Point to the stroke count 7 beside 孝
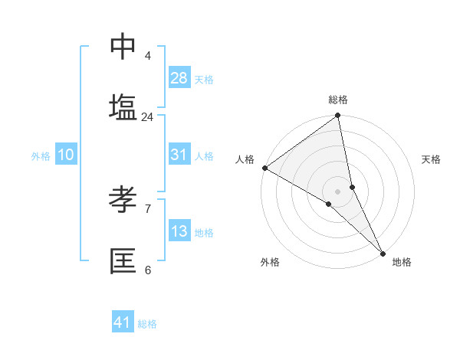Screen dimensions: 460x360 pyautogui.click(x=147, y=208)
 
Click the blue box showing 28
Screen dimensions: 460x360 pyautogui.click(x=179, y=78)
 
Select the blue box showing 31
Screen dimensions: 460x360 pyautogui.click(x=179, y=155)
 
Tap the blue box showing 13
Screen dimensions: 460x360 pyautogui.click(x=179, y=231)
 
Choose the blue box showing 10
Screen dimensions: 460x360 pyautogui.click(x=66, y=155)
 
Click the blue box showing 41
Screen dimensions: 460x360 pyautogui.click(x=123, y=322)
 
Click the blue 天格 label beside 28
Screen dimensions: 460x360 pyautogui.click(x=204, y=80)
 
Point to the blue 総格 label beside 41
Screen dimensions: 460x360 pyautogui.click(x=147, y=324)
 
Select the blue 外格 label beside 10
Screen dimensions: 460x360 pyautogui.click(x=41, y=156)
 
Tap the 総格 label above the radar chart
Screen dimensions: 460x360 pyautogui.click(x=338, y=100)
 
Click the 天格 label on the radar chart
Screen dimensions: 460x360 pyautogui.click(x=431, y=159)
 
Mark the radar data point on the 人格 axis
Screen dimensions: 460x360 pyautogui.click(x=264, y=168)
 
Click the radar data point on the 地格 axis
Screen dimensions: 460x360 pyautogui.click(x=383, y=252)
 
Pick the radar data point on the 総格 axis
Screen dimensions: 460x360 pyautogui.click(x=338, y=116)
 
